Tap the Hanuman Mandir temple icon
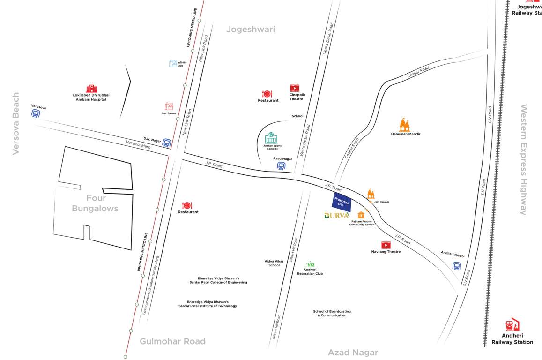(x=405, y=125)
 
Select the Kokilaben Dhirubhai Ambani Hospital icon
(x=91, y=89)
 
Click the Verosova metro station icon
(x=36, y=113)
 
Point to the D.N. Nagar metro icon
(x=166, y=143)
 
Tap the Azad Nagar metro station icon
(x=281, y=166)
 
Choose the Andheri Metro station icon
(x=457, y=266)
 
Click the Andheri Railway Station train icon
(x=512, y=325)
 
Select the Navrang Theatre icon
(x=386, y=245)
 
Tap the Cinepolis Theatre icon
(x=294, y=88)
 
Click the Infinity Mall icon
(x=173, y=63)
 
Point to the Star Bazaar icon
(x=169, y=106)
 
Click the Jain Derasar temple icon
(x=371, y=194)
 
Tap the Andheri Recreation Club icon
(x=310, y=265)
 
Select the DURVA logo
(x=337, y=215)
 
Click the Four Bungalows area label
(x=95, y=203)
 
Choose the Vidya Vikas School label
(x=274, y=263)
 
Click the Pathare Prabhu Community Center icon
(x=361, y=215)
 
